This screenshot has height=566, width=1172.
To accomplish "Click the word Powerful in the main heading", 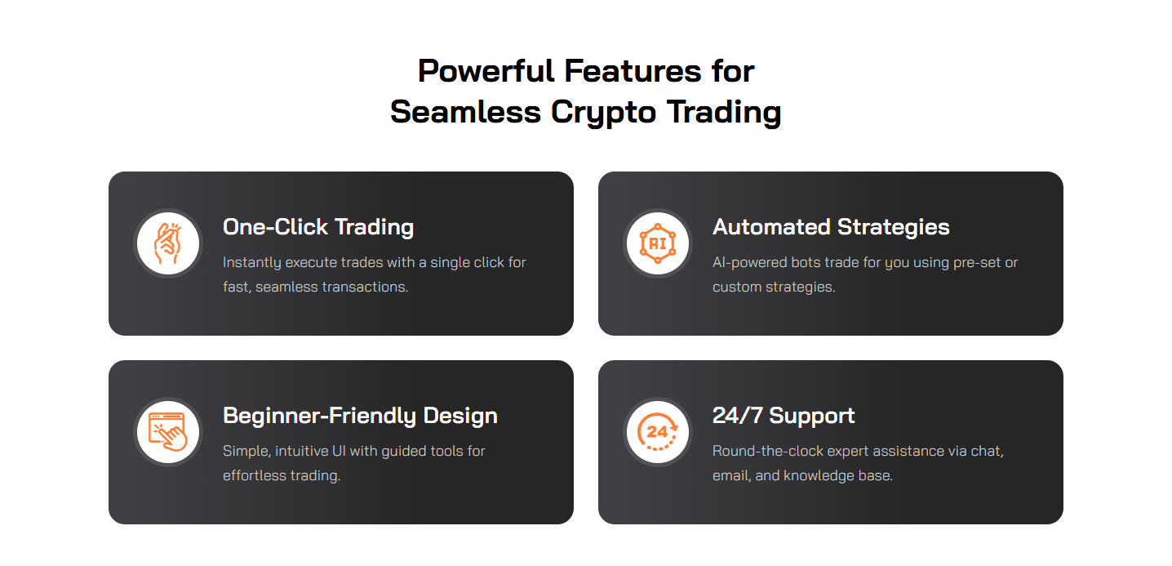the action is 486,71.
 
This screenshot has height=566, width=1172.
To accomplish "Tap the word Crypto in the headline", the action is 603,113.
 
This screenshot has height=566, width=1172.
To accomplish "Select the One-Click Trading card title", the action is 318,227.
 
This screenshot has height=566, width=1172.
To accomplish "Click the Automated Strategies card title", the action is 831,227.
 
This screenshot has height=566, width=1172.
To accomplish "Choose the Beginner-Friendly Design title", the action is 360,416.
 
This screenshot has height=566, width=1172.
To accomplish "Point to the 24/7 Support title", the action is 784,416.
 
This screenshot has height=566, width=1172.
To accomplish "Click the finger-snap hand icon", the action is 168,243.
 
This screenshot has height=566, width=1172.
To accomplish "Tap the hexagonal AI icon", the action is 658,243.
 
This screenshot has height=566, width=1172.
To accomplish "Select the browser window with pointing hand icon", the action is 168,432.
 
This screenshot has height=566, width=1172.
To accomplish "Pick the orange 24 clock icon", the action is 658,432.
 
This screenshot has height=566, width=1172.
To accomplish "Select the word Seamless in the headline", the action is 466,112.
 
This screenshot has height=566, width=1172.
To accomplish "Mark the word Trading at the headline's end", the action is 724,113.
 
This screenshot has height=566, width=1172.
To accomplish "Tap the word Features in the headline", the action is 633,71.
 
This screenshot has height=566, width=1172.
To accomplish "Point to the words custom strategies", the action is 774,287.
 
